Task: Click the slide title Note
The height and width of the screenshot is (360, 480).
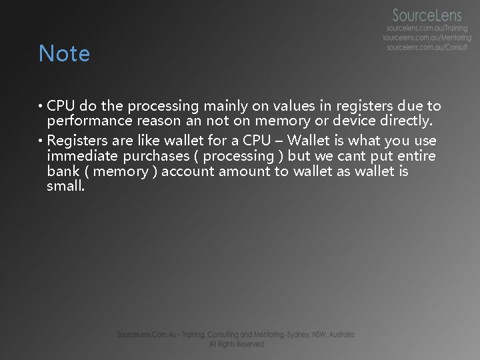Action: (64, 53)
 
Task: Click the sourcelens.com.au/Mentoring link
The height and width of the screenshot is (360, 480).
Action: (427, 39)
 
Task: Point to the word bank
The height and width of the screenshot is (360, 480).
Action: (61, 171)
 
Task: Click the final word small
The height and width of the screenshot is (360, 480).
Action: (65, 187)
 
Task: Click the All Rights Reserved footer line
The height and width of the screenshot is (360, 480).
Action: (237, 344)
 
